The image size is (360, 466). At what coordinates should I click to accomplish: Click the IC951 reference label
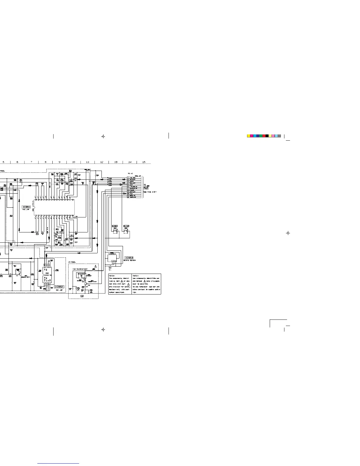click(26, 207)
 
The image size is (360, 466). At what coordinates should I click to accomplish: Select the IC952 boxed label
click(59, 287)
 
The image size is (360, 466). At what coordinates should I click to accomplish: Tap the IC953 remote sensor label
click(129, 258)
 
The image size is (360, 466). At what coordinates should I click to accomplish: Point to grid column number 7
click(31, 162)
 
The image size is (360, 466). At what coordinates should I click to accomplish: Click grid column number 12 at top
click(102, 162)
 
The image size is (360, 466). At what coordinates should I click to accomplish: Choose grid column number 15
click(144, 162)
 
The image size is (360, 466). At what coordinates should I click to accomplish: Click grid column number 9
click(59, 162)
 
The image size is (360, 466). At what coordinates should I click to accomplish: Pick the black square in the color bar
click(267, 136)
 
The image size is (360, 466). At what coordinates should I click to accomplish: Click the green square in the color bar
click(261, 136)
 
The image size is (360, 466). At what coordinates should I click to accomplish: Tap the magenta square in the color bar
click(251, 136)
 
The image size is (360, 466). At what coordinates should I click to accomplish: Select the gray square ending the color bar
click(279, 136)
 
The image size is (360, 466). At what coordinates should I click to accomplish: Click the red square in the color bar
click(264, 136)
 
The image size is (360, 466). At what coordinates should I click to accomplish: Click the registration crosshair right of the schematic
click(288, 233)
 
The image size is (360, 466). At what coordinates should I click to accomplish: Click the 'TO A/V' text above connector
click(131, 174)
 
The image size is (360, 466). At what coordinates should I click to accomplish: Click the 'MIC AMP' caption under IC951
click(26, 210)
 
